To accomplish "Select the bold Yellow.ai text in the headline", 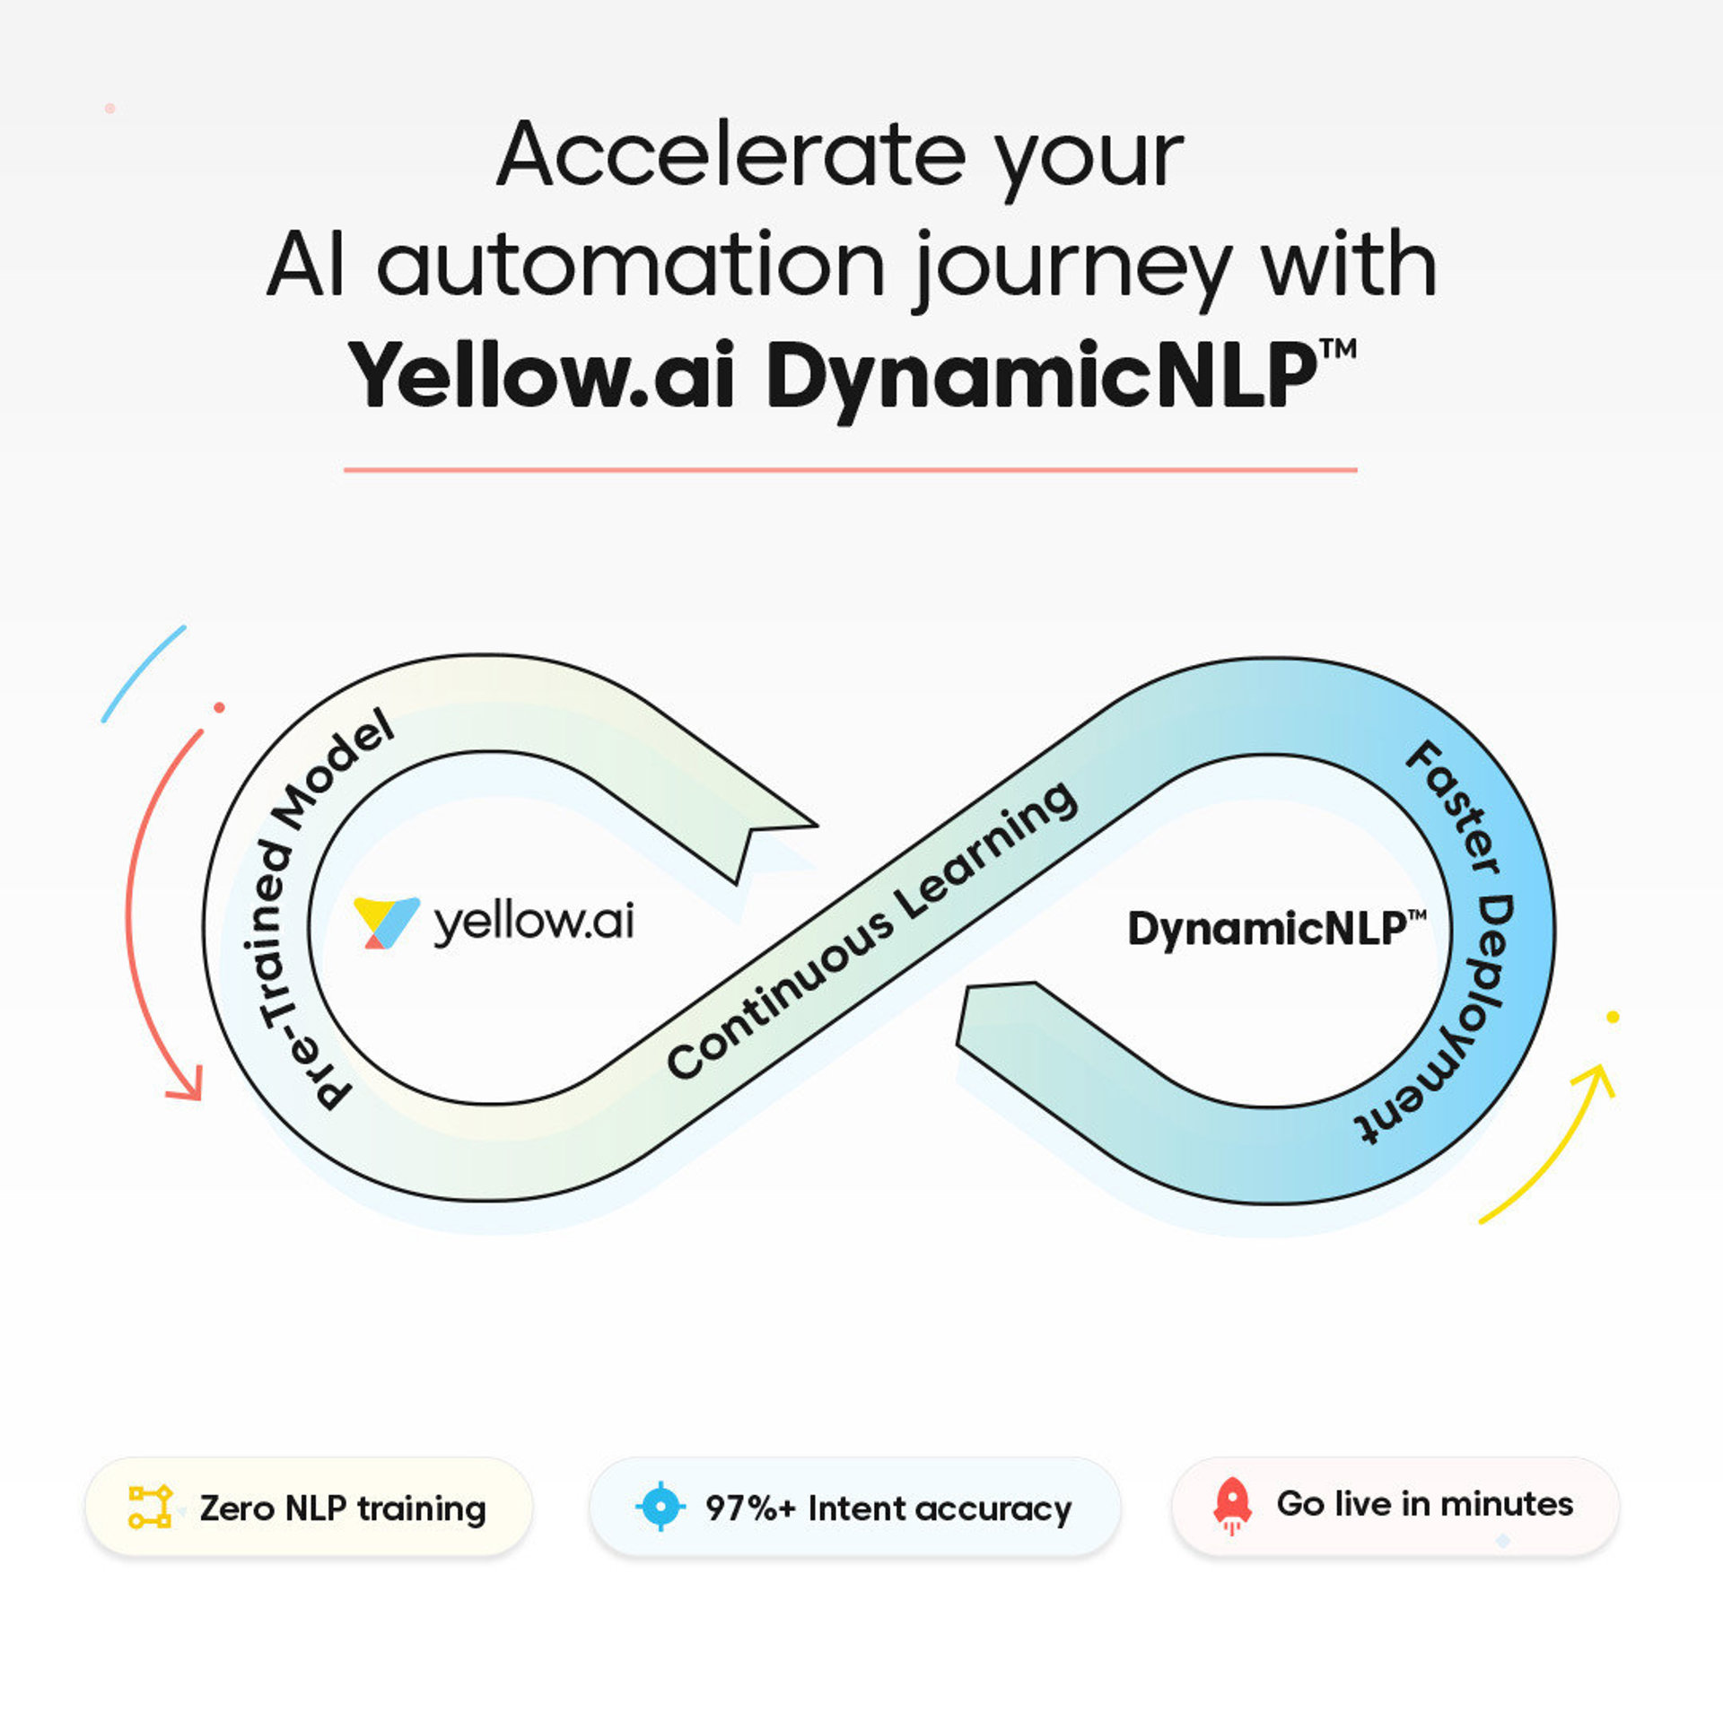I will [542, 377].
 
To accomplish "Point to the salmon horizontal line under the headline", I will [850, 469].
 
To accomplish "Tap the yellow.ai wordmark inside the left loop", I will [534, 922].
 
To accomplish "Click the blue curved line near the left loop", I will [143, 673].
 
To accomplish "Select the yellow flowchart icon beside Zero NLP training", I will [150, 1507].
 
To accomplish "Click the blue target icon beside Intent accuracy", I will [660, 1507].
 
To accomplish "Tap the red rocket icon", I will [1232, 1505].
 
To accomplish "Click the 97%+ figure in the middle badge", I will [750, 1509].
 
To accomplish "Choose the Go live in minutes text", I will [1424, 1504].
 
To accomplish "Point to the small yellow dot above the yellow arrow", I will [1613, 1017].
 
